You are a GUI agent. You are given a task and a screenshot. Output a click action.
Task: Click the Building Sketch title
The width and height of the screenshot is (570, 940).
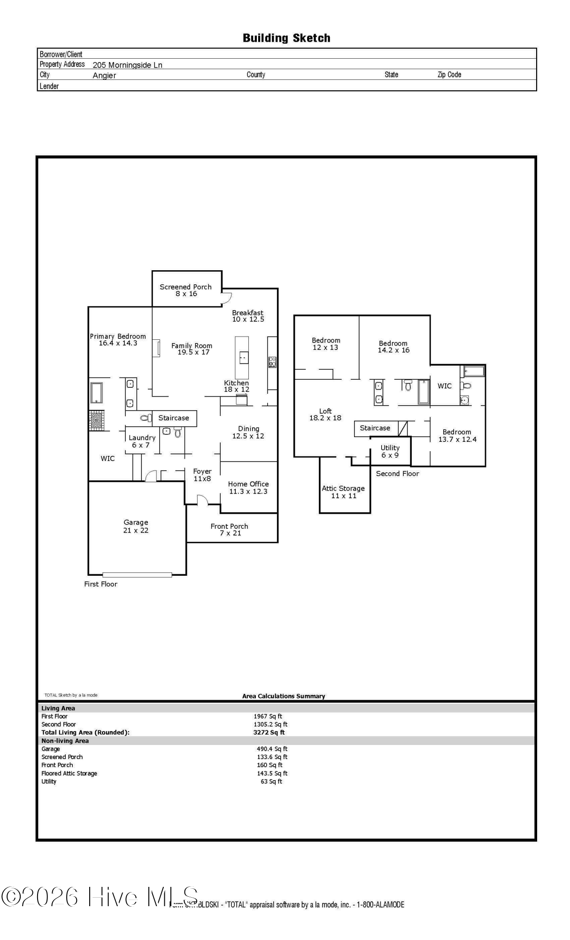[x=286, y=38]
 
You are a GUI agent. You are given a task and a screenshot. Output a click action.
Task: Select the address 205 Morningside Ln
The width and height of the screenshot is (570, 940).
[x=127, y=65]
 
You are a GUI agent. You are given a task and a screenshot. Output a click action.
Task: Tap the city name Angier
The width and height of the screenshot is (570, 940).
[x=104, y=76]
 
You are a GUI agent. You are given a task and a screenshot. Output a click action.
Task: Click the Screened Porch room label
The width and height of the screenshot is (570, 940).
[x=186, y=290]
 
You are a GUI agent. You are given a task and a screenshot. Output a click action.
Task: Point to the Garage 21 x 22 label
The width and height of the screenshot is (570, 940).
[x=136, y=526]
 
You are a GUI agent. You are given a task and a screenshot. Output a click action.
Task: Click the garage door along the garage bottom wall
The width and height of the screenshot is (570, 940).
[x=137, y=574]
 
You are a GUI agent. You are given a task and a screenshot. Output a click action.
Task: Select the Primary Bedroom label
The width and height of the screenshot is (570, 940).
[x=118, y=339]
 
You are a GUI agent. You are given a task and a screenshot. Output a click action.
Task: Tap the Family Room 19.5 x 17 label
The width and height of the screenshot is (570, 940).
[x=192, y=349]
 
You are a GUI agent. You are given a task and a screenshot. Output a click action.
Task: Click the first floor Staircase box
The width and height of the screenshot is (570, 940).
[x=174, y=418]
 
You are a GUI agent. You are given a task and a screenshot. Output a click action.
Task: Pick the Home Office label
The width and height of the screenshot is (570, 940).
[x=248, y=487]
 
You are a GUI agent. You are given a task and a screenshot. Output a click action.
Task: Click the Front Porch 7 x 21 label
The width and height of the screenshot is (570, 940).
[x=230, y=530]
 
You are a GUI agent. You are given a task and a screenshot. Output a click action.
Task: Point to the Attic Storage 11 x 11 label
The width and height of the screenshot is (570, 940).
[x=343, y=492]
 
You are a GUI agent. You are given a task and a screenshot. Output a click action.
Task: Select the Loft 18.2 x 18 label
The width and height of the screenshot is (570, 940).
[x=325, y=415]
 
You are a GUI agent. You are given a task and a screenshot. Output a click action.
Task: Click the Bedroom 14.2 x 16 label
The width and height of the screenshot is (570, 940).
[x=393, y=347]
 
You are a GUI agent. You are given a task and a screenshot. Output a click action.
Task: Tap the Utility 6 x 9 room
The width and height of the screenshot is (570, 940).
[x=390, y=451]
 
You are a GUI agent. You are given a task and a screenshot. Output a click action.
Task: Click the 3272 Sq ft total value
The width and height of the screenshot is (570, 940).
[x=269, y=732]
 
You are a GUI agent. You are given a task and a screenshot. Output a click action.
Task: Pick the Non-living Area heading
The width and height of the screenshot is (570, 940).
[x=65, y=741]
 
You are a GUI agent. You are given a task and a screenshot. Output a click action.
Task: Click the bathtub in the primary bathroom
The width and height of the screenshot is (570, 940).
[x=96, y=392]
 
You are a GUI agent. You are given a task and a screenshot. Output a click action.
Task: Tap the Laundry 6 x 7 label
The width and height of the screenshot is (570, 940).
[x=142, y=441]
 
